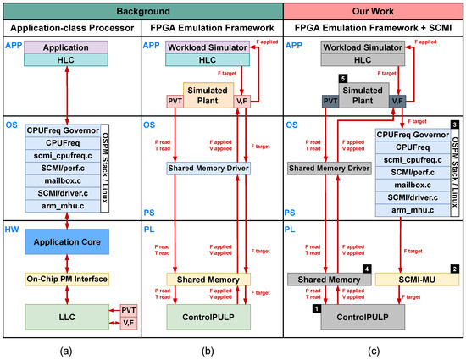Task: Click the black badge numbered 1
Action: click(318, 310)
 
